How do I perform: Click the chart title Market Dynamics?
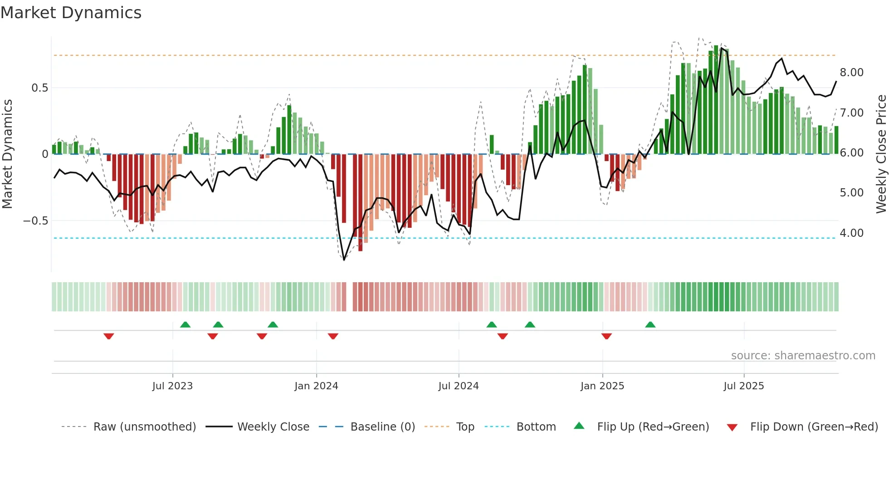[x=71, y=13]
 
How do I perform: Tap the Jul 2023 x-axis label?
[x=172, y=386]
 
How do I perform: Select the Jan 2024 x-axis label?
[x=316, y=386]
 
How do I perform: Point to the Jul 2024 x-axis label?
[x=459, y=386]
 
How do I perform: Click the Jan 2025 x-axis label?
[x=602, y=386]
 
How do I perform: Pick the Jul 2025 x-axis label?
[x=744, y=386]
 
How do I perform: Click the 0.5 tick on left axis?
[x=39, y=88]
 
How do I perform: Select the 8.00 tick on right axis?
[x=851, y=73]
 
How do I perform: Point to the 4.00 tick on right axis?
[x=851, y=233]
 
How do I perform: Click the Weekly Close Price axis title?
[x=881, y=154]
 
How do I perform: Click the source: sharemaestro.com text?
[x=803, y=355]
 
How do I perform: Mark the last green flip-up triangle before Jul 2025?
[x=650, y=324]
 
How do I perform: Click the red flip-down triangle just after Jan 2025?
[x=606, y=336]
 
